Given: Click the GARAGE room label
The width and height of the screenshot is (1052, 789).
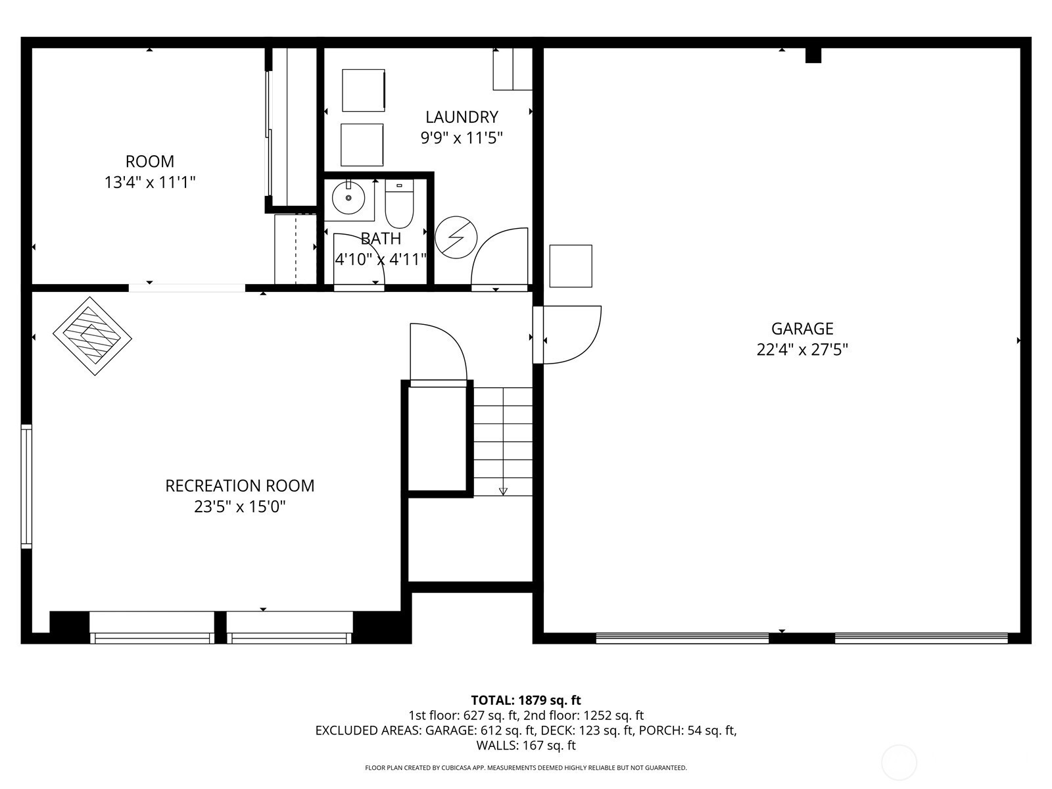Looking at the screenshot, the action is tap(801, 329).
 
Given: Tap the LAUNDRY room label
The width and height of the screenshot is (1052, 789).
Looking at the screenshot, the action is tap(462, 117).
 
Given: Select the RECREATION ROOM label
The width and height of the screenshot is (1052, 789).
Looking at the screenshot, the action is tap(239, 486).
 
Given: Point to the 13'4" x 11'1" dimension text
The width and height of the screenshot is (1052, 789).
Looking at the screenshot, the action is tap(150, 183).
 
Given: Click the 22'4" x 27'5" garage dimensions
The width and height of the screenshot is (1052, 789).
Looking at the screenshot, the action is tap(801, 350).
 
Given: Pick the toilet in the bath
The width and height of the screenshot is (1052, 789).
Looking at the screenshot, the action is tap(398, 204).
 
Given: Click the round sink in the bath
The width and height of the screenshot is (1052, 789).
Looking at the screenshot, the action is tap(348, 198).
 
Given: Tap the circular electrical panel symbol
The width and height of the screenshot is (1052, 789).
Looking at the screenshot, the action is tap(456, 237).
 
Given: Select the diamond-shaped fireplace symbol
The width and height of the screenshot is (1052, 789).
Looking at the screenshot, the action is tap(92, 336).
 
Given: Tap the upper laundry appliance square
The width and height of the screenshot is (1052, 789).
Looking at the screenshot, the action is tap(364, 90).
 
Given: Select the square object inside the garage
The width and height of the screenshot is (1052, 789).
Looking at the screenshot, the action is tap(570, 266).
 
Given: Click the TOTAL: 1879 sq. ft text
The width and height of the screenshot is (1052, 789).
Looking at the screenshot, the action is tap(526, 700).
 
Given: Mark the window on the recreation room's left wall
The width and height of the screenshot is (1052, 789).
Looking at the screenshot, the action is tap(26, 486).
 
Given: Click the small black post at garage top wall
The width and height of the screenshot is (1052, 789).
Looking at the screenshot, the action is tap(813, 55).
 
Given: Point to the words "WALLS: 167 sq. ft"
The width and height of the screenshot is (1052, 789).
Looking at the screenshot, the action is tap(526, 745).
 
